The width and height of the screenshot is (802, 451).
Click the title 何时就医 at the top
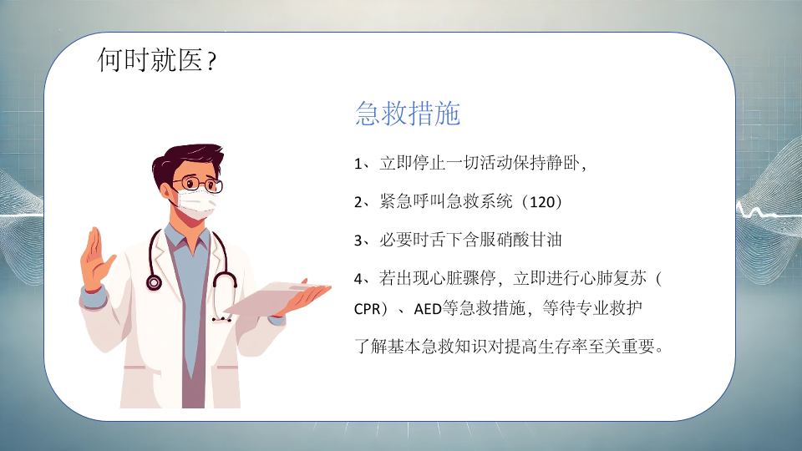click(150, 60)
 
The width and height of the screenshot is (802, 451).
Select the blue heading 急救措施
click(408, 113)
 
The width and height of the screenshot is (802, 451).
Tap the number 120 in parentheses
click(542, 201)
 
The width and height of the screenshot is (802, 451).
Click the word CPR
click(368, 309)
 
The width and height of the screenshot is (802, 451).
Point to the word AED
click(428, 309)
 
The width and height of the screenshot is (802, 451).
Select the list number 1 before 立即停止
click(358, 164)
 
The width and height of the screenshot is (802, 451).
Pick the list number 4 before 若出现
click(358, 279)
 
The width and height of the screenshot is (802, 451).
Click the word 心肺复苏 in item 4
click(612, 278)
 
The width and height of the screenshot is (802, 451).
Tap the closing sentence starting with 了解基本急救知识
click(510, 347)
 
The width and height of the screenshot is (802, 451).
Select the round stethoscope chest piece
click(154, 282)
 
